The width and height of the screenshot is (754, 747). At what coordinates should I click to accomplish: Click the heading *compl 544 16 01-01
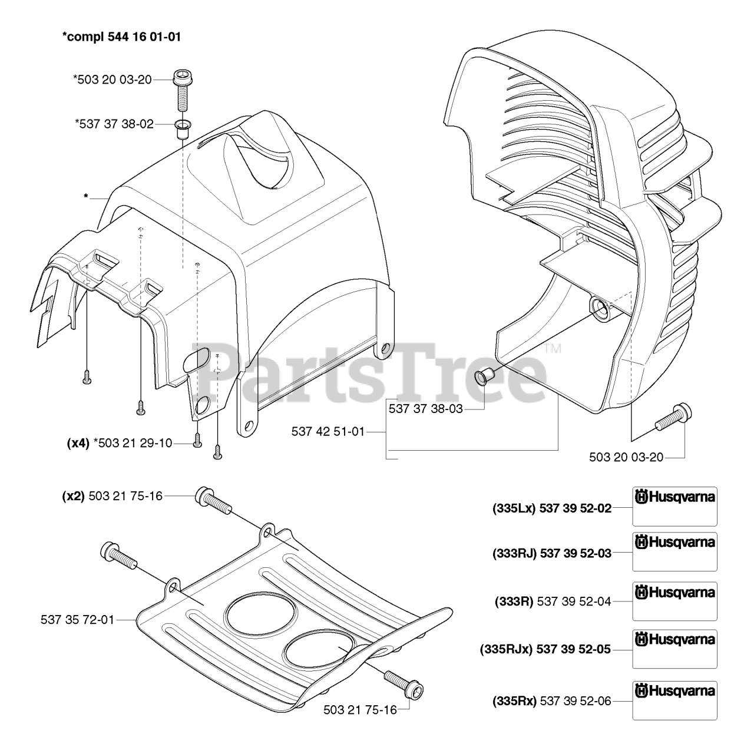coord(121,37)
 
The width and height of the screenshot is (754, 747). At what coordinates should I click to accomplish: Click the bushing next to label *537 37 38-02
coord(183,128)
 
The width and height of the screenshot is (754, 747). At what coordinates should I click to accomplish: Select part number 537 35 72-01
coord(78,619)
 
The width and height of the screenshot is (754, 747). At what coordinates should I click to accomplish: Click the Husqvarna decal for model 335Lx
coord(674,506)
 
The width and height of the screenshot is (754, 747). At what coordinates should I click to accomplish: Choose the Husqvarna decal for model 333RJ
coord(674,552)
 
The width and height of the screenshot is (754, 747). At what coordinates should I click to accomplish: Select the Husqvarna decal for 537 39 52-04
coord(674,601)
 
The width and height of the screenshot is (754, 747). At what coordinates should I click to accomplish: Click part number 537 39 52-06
coord(575,701)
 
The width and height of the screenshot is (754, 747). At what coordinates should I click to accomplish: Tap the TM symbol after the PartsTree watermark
coord(553,349)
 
